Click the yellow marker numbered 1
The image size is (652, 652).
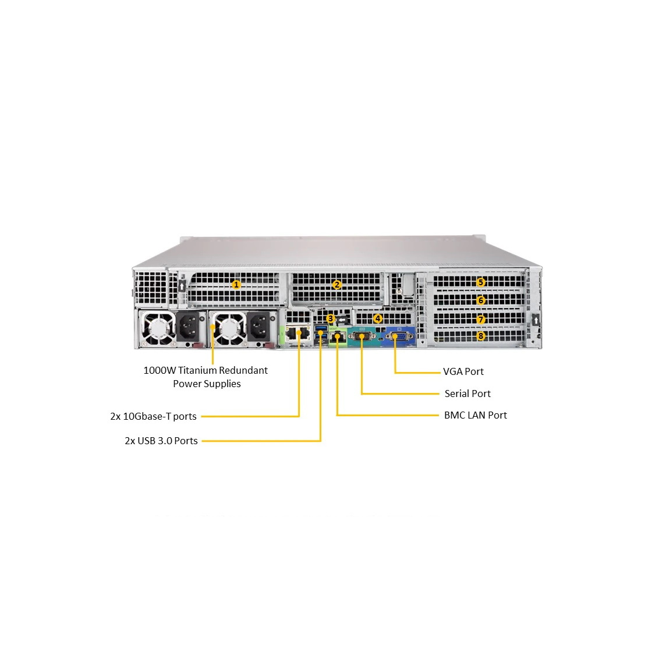(236, 285)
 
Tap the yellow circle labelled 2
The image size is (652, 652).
(337, 285)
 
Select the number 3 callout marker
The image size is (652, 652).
(331, 319)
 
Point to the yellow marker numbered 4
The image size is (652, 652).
(378, 319)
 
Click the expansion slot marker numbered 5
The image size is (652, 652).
(481, 282)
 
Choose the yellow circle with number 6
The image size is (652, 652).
(481, 300)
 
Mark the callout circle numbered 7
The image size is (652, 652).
(481, 320)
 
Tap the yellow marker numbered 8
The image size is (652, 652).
(481, 336)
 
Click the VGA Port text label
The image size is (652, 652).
(463, 372)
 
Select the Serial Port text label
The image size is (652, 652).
(467, 394)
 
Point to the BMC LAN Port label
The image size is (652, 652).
(475, 416)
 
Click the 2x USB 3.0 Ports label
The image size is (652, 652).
(161, 441)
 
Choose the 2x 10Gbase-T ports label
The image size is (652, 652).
(154, 416)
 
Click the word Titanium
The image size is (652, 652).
(197, 370)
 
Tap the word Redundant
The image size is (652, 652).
(243, 370)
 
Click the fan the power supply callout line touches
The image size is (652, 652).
(227, 328)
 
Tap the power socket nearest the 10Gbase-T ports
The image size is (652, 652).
(260, 327)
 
